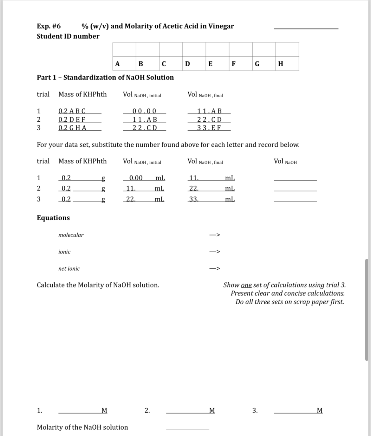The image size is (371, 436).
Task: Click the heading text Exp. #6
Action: pos(49,26)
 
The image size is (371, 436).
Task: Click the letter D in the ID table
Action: pos(187,64)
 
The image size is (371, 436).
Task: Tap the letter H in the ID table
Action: pos(280,64)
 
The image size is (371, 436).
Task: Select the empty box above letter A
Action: pos(124,50)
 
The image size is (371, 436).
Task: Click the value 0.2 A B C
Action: pos(72,111)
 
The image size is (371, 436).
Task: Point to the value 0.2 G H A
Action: pos(73,128)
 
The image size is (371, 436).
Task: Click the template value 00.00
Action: pos(144,111)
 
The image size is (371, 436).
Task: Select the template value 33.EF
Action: pos(209,128)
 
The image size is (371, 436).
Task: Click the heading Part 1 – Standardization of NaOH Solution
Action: pos(105,77)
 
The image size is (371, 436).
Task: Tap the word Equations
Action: pos(53,218)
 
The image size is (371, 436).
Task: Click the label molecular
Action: pos(71,235)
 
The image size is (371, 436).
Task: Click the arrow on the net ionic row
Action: pos(215,269)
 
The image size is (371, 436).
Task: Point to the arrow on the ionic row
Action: pos(215,252)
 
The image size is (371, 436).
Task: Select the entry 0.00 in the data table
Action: pos(136,178)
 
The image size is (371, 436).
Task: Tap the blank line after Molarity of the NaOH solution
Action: pos(187,429)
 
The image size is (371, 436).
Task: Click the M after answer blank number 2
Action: pos(212,411)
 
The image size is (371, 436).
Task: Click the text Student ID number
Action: pos(68,36)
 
